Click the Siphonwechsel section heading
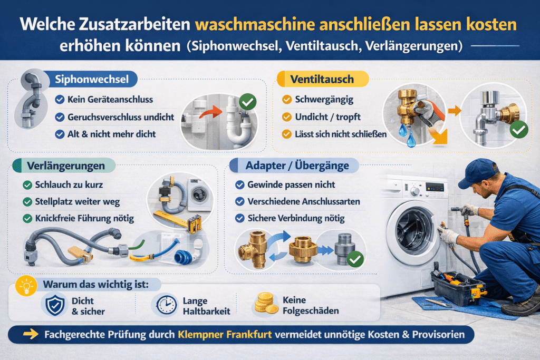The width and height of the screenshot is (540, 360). (92, 80)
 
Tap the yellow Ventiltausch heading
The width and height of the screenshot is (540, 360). (322, 79)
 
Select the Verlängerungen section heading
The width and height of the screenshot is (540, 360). (66, 166)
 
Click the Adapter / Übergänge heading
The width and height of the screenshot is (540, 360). (297, 166)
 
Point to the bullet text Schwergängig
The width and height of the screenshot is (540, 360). (324, 100)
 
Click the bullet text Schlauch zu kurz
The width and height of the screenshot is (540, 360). (69, 185)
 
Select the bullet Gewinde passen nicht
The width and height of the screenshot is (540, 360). (291, 185)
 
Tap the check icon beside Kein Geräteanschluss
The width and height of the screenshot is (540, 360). (60, 100)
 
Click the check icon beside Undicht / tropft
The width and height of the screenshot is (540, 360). (286, 117)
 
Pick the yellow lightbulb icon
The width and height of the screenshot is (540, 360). (26, 286)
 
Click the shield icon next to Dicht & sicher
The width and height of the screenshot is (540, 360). (55, 305)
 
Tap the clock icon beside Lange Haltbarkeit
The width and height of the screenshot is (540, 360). (166, 305)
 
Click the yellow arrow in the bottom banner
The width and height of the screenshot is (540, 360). (31, 334)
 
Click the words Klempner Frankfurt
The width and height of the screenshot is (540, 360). (225, 334)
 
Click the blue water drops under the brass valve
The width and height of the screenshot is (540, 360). (407, 135)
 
